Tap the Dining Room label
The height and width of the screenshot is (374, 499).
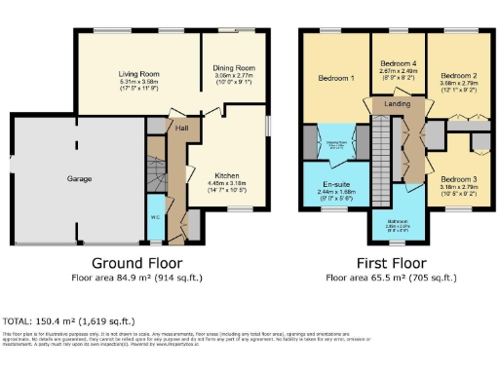[x=234, y=68]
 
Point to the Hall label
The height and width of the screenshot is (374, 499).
[x=182, y=127]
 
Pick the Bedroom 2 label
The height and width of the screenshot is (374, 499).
[x=457, y=75]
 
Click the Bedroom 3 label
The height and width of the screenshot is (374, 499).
[x=456, y=179]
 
